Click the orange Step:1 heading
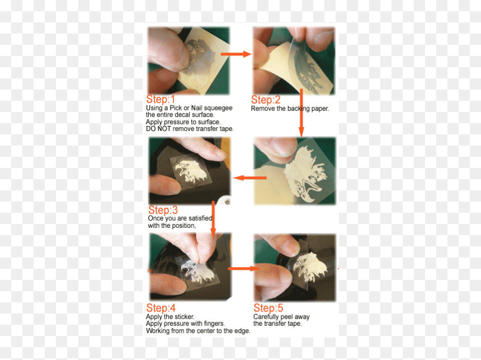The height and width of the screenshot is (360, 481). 161,99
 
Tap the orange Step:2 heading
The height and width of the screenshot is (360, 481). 266,100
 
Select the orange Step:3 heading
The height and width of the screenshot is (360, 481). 163,210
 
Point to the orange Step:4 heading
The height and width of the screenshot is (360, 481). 161,308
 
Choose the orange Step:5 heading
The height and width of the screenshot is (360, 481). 268,308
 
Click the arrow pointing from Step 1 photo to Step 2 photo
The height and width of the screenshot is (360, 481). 236,54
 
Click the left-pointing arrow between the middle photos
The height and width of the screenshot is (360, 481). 249,178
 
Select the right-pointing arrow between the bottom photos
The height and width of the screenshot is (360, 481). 244,269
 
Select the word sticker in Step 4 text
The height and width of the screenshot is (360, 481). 184,317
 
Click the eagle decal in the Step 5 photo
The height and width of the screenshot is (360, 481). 310,267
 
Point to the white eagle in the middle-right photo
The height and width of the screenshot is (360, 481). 305,174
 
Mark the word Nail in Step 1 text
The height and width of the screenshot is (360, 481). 197,108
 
